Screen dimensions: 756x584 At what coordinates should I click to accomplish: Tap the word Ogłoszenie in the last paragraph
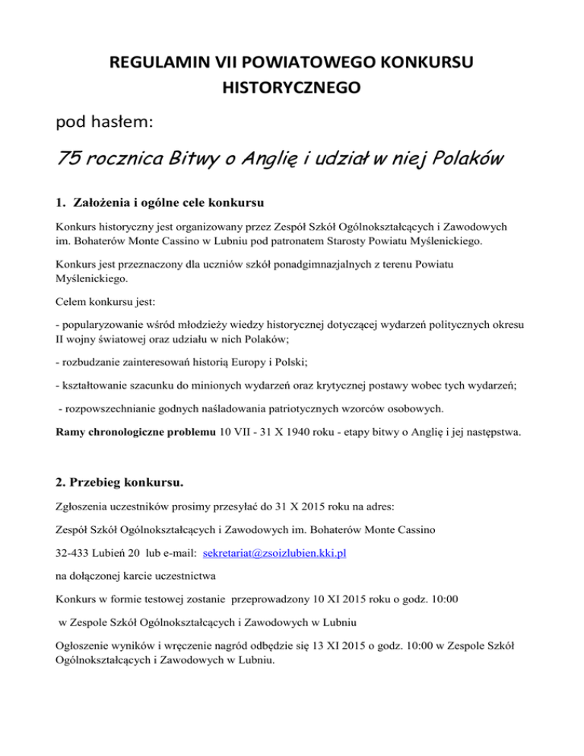click(87, 647)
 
